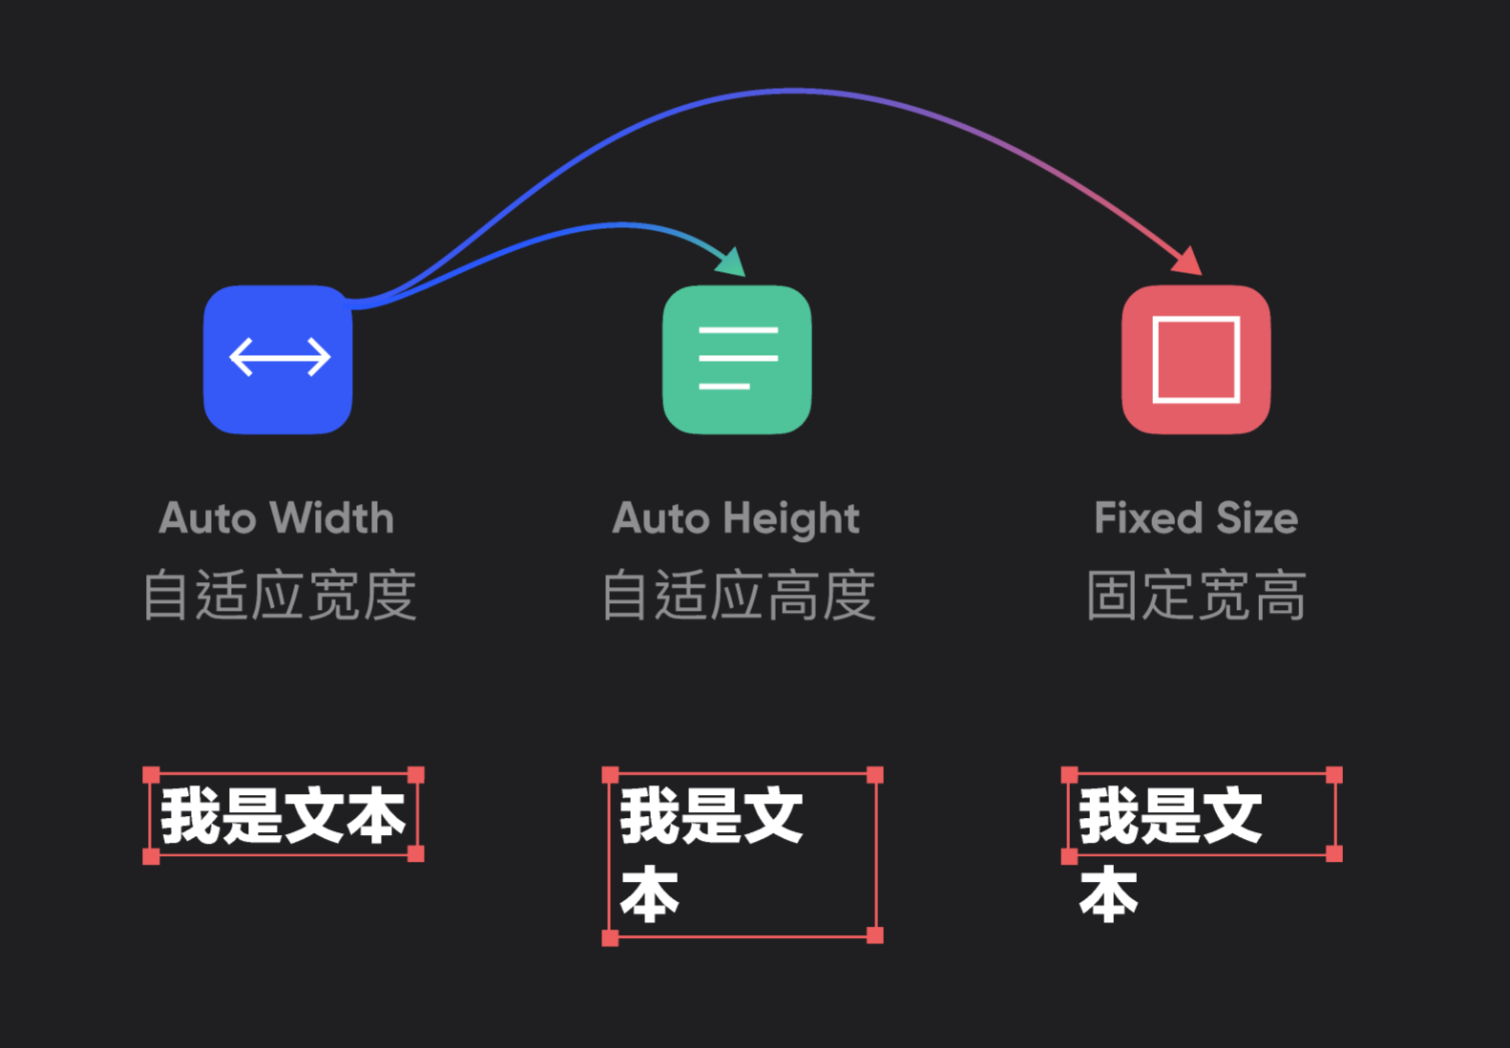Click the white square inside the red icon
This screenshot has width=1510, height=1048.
coord(1196,321)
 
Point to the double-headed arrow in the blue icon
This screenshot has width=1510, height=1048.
coord(280,357)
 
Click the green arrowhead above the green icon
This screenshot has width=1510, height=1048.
coord(733,262)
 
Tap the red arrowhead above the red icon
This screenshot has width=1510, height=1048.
coord(1188,261)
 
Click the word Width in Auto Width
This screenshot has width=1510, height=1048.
coord(331,518)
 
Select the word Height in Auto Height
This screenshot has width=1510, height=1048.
coord(790,519)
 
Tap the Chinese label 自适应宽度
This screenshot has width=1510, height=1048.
coord(279,596)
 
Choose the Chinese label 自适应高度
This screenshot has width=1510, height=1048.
coord(738,596)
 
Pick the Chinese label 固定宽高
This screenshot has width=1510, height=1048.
coord(1196,596)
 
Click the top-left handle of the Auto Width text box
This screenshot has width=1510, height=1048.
coord(151,775)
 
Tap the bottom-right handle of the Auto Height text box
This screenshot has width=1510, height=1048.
coord(874,935)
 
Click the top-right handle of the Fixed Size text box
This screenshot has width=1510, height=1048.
coord(1334,775)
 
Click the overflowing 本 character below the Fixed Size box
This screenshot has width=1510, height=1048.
coord(1108,895)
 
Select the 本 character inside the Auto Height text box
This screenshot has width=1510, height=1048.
coord(649,895)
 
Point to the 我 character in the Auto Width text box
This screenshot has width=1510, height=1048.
coord(191,816)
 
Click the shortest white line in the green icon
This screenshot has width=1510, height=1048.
coord(724,387)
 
